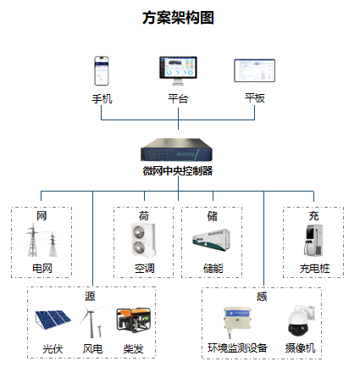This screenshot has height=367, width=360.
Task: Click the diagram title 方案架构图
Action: click(x=178, y=18)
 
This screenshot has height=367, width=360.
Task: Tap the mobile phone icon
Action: click(x=102, y=71)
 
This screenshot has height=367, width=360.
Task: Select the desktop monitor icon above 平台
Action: click(x=178, y=71)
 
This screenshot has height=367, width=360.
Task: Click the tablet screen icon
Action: click(x=254, y=70)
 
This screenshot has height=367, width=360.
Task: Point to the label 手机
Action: click(x=102, y=99)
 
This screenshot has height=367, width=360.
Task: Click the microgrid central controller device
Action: click(x=177, y=149)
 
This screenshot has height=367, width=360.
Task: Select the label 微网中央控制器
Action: click(x=178, y=171)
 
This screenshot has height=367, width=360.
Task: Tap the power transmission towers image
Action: click(x=42, y=240)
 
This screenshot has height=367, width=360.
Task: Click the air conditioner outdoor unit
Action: click(x=143, y=240)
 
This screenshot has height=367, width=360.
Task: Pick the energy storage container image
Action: click(x=212, y=240)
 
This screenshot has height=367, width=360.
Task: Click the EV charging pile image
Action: click(x=313, y=240)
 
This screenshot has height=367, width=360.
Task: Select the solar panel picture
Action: click(x=53, y=320)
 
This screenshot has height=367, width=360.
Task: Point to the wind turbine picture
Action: click(x=91, y=321)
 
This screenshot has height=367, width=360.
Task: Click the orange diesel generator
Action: click(x=134, y=320)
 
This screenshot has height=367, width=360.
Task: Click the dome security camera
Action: click(x=301, y=320)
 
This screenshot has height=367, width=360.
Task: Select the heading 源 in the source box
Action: click(x=90, y=297)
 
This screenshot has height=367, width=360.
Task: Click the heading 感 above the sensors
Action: click(x=262, y=297)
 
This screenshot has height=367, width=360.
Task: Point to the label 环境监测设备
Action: click(x=237, y=348)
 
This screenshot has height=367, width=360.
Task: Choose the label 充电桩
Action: click(x=314, y=269)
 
